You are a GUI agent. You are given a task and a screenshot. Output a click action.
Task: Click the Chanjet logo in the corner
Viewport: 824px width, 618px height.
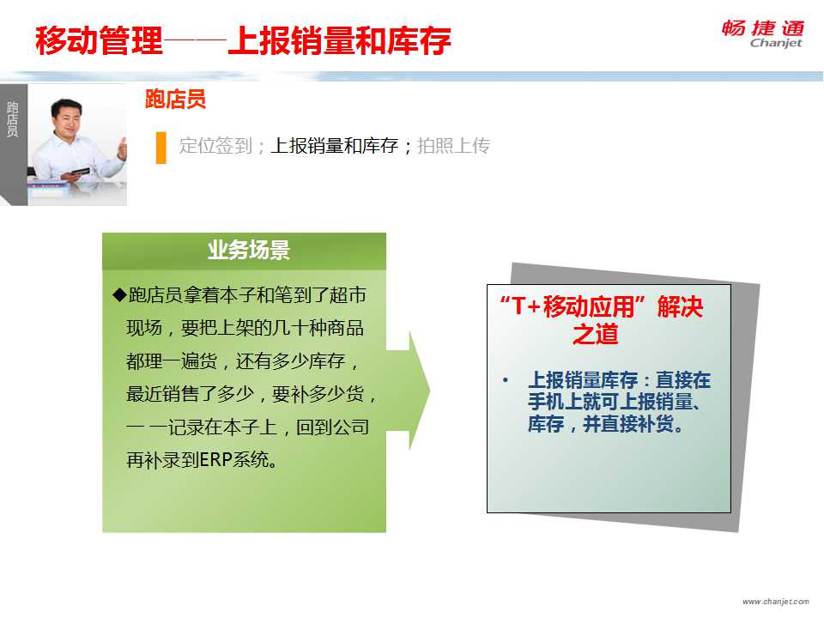click(x=762, y=34)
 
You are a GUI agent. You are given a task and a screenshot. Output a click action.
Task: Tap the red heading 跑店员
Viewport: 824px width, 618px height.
click(x=175, y=100)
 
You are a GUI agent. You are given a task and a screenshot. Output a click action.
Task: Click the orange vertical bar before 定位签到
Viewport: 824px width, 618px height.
click(x=161, y=148)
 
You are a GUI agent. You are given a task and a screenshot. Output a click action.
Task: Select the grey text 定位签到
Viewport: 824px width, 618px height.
click(x=215, y=146)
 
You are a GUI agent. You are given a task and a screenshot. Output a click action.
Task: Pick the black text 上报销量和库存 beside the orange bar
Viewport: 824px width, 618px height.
click(x=334, y=146)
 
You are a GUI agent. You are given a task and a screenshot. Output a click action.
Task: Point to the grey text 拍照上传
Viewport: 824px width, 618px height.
click(x=453, y=146)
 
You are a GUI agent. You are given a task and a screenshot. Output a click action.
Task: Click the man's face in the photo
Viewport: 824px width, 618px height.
click(x=67, y=118)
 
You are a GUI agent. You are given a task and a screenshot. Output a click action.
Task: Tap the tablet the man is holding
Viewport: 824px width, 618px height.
click(x=80, y=172)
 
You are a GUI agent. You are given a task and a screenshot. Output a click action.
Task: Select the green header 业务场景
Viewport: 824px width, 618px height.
click(x=249, y=250)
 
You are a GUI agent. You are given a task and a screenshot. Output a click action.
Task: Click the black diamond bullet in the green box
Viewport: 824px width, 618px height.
click(x=120, y=294)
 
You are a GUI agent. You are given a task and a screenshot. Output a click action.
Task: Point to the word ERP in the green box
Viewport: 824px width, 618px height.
click(x=215, y=460)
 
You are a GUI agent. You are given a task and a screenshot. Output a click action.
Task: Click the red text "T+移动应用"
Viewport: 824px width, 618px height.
click(x=573, y=306)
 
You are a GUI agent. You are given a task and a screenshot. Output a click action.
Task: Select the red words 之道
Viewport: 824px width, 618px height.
click(x=596, y=334)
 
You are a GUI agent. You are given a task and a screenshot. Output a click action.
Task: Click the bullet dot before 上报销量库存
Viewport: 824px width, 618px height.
click(x=506, y=380)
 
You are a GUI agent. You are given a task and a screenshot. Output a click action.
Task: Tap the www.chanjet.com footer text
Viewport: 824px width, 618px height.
click(x=776, y=601)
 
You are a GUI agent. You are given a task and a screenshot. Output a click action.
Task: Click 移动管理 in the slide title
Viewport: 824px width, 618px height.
click(x=100, y=40)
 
